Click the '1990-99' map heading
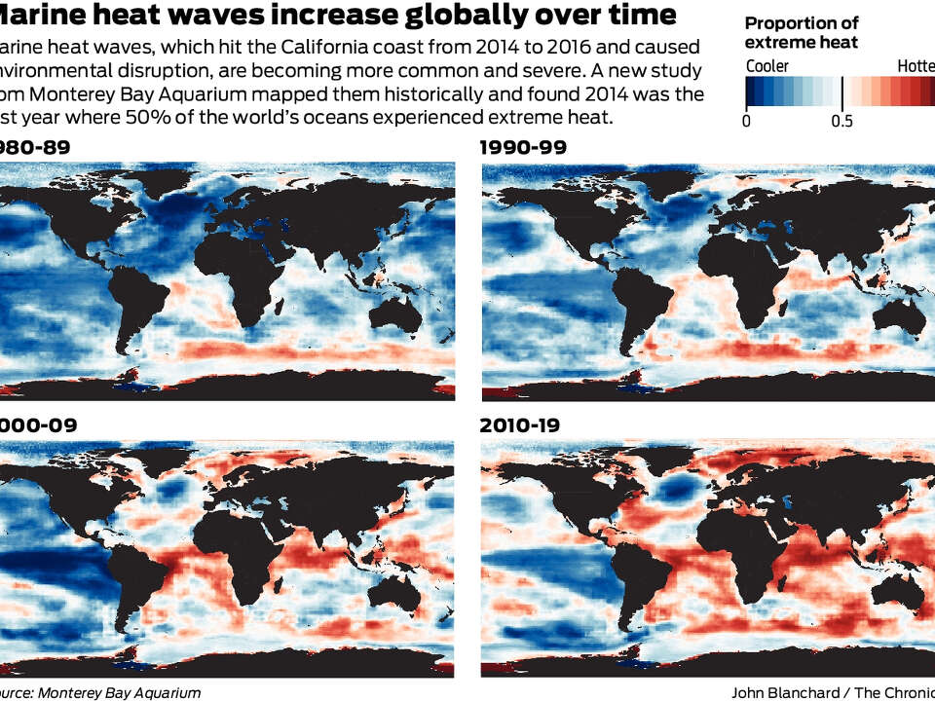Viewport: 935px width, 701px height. tap(524, 147)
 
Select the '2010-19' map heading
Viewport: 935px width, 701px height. tap(523, 425)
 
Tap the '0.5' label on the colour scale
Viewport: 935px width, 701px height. tap(841, 121)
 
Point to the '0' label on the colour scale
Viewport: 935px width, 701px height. tap(746, 121)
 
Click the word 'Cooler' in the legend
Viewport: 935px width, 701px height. tap(767, 66)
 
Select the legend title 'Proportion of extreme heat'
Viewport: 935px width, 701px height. tap(801, 33)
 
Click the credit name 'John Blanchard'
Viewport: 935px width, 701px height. tap(784, 692)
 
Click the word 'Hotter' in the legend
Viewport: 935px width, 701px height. tap(916, 66)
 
